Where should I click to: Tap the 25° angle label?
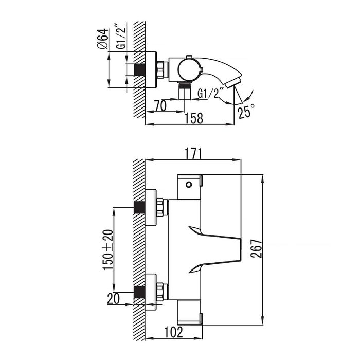245,111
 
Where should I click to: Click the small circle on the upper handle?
189,183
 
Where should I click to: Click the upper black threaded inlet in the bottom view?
138,207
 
